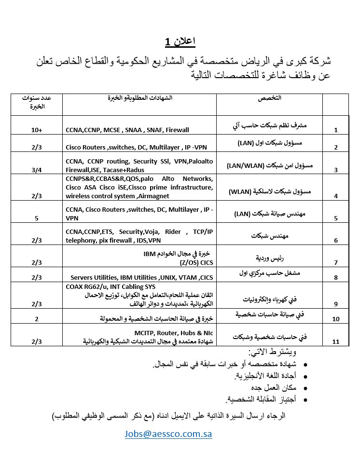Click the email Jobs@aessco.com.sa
pos(168,434)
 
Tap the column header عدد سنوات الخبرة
pos(37,101)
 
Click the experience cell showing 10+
pos(36,130)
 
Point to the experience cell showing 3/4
pos(36,169)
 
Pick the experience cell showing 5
pos(36,218)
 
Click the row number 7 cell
pos(335,262)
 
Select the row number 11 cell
pos(335,342)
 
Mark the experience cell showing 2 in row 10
pos(36,319)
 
